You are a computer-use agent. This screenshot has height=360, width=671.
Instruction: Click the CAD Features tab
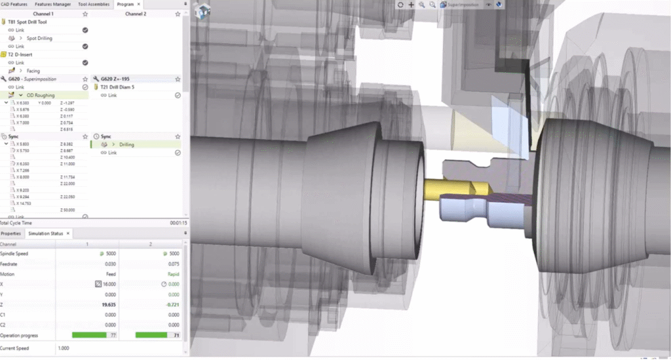tap(14, 4)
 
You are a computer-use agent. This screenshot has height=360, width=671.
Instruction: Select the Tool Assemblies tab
tap(93, 4)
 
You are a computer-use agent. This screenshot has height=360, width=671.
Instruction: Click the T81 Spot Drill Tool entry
tap(31, 22)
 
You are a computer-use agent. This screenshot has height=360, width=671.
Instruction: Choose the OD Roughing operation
tap(40, 95)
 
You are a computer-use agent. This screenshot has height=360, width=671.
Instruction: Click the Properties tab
tap(11, 233)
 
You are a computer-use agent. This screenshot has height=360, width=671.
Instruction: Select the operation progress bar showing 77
tap(92, 335)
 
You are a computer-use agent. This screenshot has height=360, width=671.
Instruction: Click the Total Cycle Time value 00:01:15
tap(179, 223)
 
